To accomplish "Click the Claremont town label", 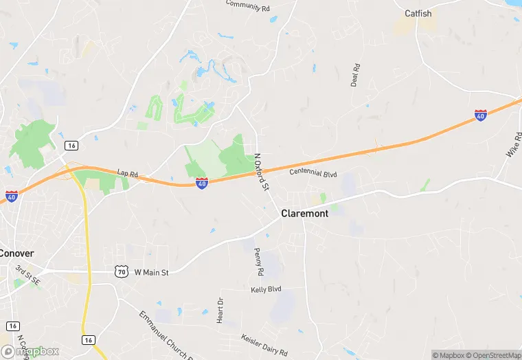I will point(305,214).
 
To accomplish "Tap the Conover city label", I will point(16,253).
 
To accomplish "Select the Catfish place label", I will point(418,13).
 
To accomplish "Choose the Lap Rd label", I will point(128,175).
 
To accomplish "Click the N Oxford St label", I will point(261,172).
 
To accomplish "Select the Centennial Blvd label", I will point(313,174).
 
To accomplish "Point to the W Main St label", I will point(151,273).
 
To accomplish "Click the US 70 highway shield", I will point(122,272).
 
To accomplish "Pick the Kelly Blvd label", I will point(266,290).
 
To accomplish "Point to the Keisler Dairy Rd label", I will point(264,344).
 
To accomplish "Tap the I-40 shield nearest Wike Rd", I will point(481,115).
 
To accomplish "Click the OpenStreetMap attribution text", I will point(489,355).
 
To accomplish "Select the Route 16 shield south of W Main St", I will point(88,340).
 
